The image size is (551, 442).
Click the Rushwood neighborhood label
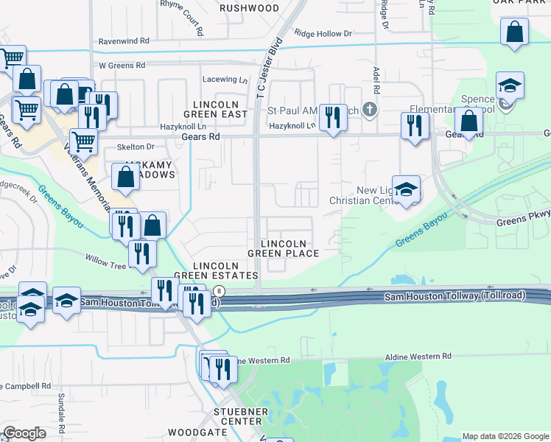[x=249, y=8]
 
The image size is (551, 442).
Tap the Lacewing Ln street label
[x=226, y=79]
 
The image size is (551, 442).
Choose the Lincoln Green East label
[x=220, y=109]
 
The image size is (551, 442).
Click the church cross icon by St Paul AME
[x=370, y=110]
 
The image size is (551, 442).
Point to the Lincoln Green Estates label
[x=217, y=270]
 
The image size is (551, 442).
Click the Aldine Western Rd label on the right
[x=418, y=357]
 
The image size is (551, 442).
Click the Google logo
[x=25, y=433]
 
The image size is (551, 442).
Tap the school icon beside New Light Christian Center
[x=405, y=189]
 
